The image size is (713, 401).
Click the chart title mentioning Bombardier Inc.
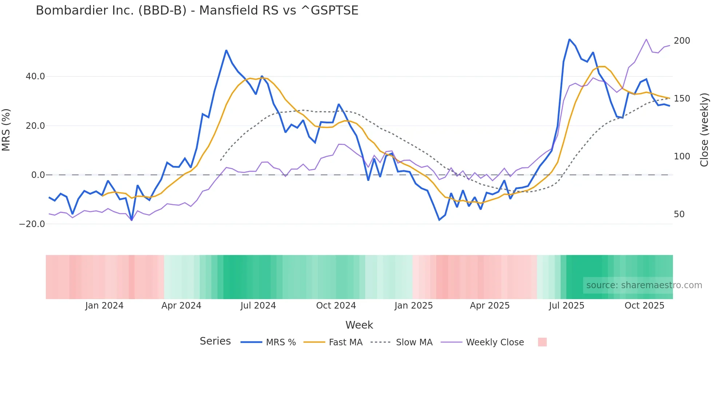click(x=197, y=11)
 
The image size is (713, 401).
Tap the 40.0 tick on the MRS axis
click(x=35, y=76)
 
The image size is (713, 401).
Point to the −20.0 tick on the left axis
click(x=32, y=224)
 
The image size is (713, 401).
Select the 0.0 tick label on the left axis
click(x=38, y=175)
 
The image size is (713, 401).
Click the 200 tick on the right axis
click(x=682, y=41)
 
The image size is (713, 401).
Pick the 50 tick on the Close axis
click(x=679, y=214)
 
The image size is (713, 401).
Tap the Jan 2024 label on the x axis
click(x=104, y=306)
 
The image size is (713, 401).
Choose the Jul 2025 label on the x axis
click(x=566, y=306)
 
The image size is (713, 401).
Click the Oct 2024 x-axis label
click(x=336, y=306)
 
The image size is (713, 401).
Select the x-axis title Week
click(x=359, y=325)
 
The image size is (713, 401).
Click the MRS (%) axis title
click(x=6, y=130)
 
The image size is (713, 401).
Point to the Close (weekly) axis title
click(x=705, y=130)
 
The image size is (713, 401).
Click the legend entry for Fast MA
click(x=345, y=342)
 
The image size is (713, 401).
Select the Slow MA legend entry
click(x=414, y=342)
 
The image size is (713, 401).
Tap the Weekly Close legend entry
click(x=495, y=342)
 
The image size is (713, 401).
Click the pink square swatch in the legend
click(x=542, y=342)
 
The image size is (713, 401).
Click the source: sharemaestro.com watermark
click(x=644, y=285)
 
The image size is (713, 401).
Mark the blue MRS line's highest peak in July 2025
click(x=569, y=39)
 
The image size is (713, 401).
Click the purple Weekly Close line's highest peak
click(x=646, y=39)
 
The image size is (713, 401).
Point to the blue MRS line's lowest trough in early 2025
click(x=439, y=220)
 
